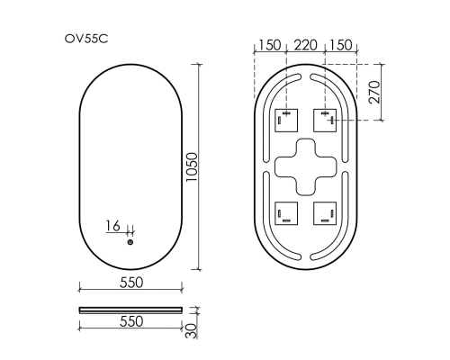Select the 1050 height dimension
[192, 166]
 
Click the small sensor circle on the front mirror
[130, 242]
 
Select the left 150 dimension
[268, 45]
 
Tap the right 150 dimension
[343, 45]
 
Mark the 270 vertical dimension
[384, 92]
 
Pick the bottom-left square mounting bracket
[285, 212]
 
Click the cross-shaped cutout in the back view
[305, 166]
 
